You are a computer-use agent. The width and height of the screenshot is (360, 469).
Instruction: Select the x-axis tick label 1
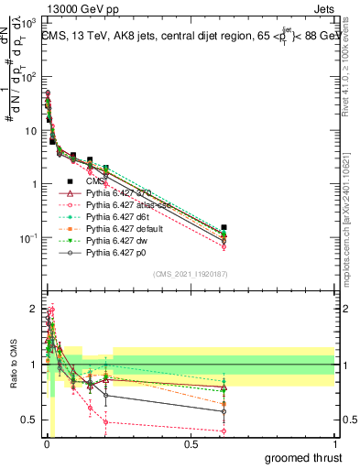click(x=334, y=444)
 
